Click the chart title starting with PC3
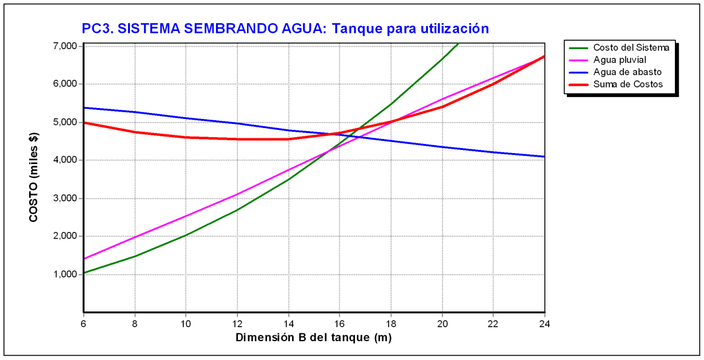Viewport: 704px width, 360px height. click(x=285, y=28)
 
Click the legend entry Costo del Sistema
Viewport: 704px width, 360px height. click(x=631, y=47)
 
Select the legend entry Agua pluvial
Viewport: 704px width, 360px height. click(x=619, y=59)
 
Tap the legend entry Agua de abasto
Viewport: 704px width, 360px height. click(x=623, y=72)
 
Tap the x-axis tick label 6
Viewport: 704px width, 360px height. click(x=83, y=324)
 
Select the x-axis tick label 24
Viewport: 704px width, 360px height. click(x=544, y=324)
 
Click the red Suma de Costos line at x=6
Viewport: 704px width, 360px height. click(x=84, y=123)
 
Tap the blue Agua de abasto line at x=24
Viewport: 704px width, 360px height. click(x=543, y=157)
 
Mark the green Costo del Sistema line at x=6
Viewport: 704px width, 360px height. click(x=84, y=273)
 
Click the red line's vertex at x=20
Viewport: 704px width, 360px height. click(x=442, y=107)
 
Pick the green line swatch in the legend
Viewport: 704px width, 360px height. click(x=577, y=47)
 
